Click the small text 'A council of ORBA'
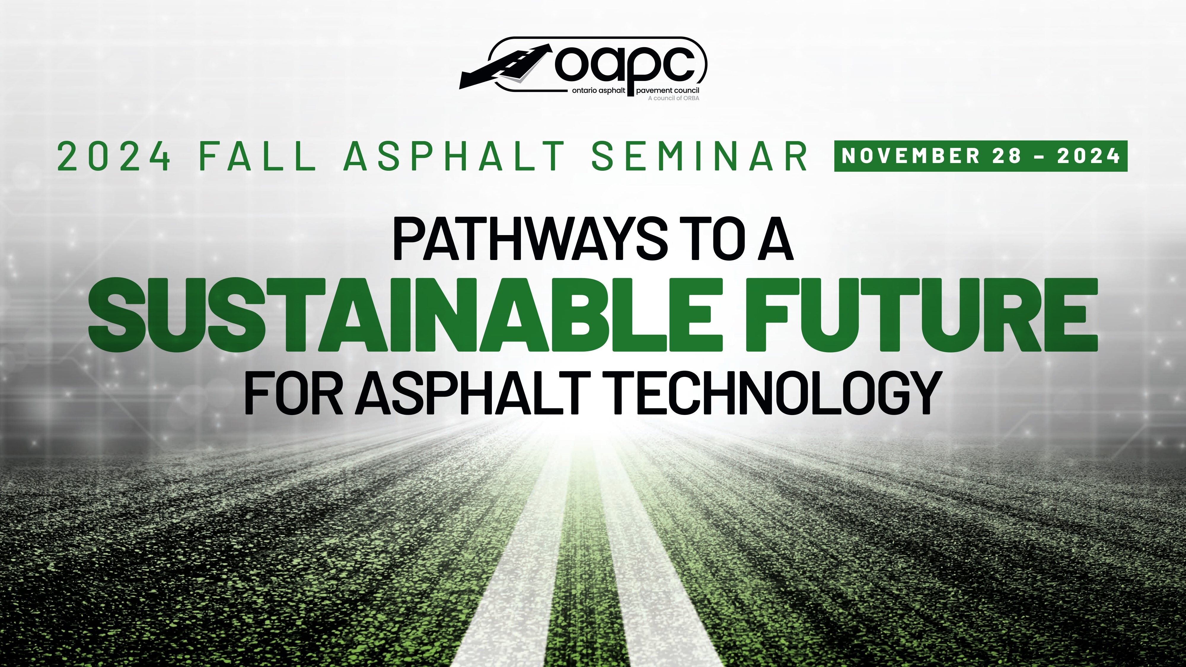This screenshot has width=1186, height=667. tap(674, 98)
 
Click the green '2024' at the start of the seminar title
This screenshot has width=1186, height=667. tap(114, 156)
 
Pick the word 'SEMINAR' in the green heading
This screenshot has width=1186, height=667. tap(699, 156)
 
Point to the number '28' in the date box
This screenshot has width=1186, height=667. tap(1007, 156)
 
